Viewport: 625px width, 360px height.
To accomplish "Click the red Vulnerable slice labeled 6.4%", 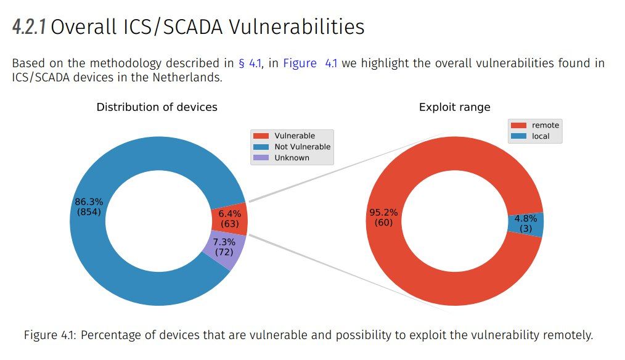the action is [x=229, y=219].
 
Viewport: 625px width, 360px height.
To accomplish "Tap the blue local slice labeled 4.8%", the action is [x=526, y=224].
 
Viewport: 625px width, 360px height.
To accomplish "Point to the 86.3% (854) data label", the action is [x=89, y=207].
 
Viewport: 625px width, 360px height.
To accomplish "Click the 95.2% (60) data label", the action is [x=383, y=217].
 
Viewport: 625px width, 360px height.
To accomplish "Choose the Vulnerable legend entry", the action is [x=284, y=136].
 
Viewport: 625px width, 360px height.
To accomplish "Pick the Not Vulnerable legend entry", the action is [x=292, y=147].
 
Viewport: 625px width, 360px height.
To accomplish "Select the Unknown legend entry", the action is [x=281, y=157].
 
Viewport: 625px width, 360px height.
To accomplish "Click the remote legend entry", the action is [x=535, y=125].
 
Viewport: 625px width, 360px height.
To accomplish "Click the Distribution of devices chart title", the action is [x=157, y=107].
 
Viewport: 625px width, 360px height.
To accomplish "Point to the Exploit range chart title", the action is [x=454, y=107].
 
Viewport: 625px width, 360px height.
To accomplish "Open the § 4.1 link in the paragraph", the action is [x=250, y=63].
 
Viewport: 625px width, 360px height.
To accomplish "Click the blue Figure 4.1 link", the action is [x=310, y=63].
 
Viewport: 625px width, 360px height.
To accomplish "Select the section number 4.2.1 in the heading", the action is [x=29, y=27].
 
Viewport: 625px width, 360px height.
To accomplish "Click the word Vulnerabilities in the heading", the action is [x=296, y=27].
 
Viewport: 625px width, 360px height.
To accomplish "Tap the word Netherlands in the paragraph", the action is [x=187, y=77].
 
